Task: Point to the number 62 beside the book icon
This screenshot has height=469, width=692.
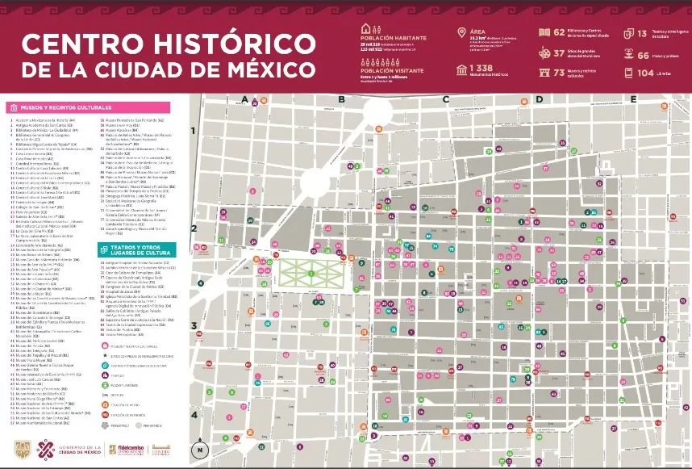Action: coord(560,32)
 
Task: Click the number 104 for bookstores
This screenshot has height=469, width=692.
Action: coord(645,73)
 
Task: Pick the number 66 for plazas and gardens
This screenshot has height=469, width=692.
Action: coord(644,55)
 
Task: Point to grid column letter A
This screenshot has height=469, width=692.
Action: coord(244,99)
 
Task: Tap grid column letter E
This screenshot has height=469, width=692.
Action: coord(634,99)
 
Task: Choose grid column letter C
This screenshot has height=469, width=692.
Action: coord(445,99)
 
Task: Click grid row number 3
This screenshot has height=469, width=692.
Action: coord(194,326)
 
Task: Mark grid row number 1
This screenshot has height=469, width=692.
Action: coord(194,130)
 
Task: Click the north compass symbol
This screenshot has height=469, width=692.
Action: coord(201,449)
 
